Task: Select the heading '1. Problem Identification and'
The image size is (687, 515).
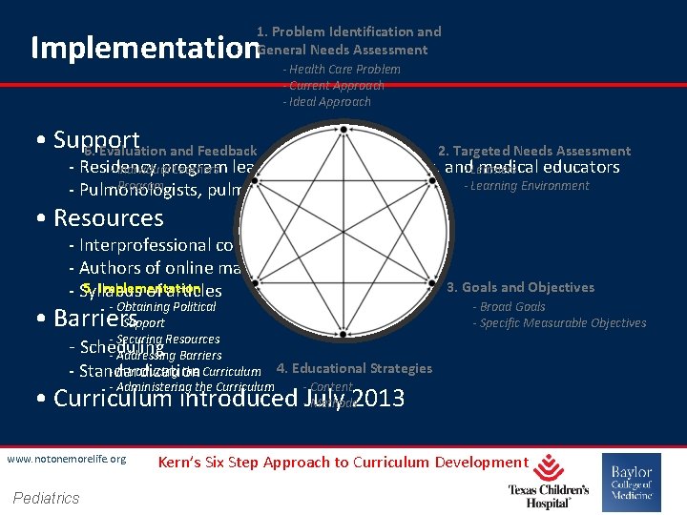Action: coord(349,31)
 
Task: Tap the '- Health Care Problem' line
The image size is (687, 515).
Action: coord(342,69)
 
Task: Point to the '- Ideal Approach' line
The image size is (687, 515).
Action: coord(327,101)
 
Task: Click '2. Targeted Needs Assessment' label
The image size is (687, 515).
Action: coord(534,151)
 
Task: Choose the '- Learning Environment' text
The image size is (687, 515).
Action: coord(527,185)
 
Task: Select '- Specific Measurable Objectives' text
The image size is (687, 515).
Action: coord(559,322)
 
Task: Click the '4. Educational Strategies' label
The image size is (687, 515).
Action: coord(354,368)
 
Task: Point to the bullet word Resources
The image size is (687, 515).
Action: coord(109,217)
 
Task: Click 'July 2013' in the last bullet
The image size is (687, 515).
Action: coord(355,398)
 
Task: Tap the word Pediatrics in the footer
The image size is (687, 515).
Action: coord(47,497)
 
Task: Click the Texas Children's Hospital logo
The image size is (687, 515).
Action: coord(548,481)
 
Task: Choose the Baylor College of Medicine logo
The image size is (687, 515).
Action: coord(631,483)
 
